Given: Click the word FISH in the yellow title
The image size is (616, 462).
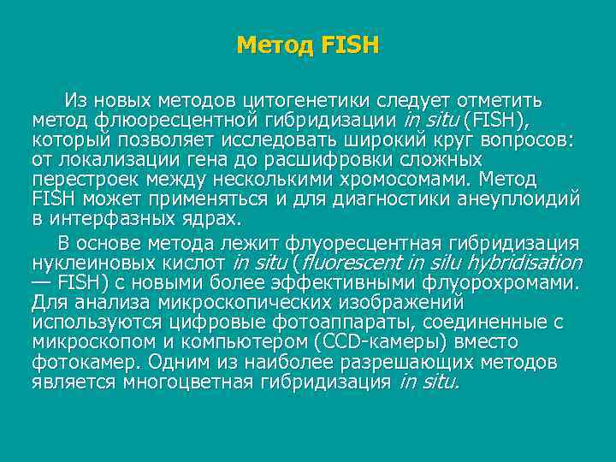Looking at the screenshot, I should (x=350, y=44).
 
